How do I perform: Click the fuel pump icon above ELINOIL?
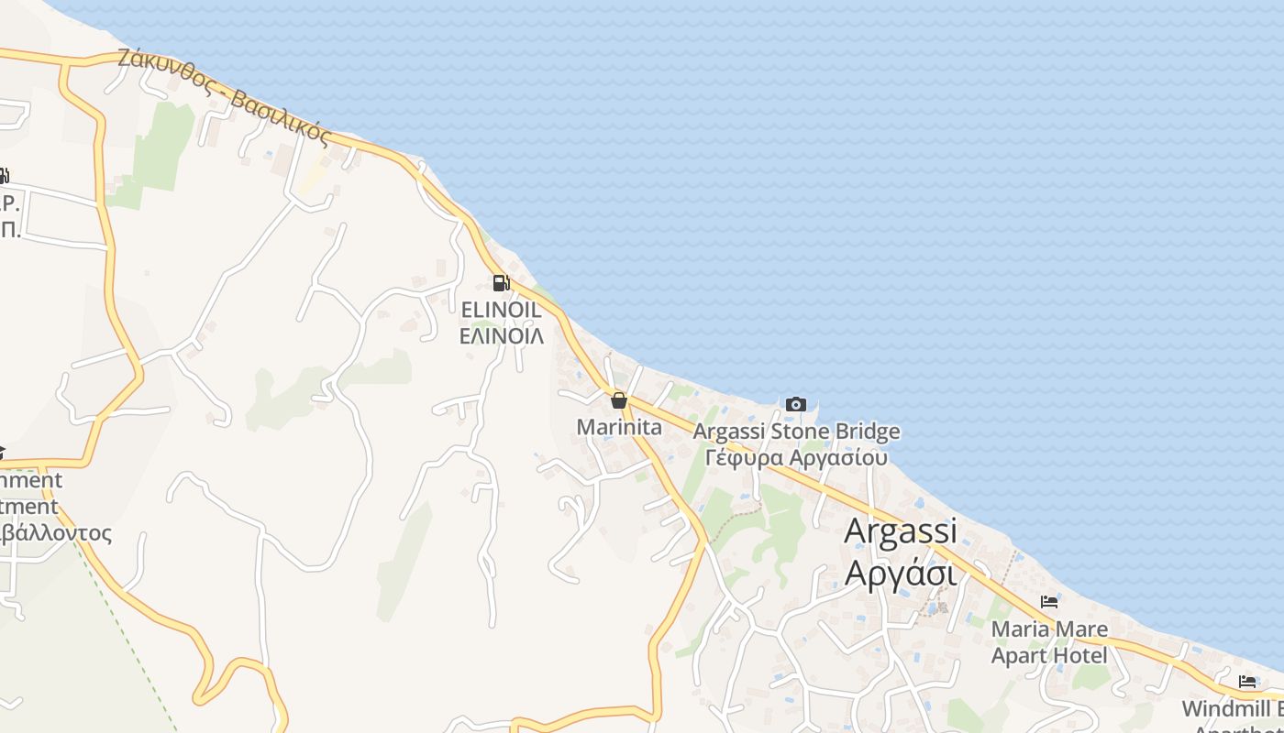[x=501, y=282]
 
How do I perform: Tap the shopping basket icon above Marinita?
[x=619, y=400]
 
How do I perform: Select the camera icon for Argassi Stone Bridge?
[x=795, y=404]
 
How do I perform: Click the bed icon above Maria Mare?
[x=1049, y=602]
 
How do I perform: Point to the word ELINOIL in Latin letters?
[x=501, y=312]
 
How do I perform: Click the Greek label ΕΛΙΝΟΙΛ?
[x=501, y=336]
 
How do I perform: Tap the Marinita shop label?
[x=619, y=427]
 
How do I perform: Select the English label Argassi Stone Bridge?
[x=796, y=432]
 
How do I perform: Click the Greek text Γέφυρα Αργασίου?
[x=796, y=456]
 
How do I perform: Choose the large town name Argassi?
[x=900, y=531]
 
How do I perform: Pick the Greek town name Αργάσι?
[x=900, y=574]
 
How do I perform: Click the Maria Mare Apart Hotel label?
[x=1049, y=642]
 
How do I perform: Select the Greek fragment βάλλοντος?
[x=57, y=533]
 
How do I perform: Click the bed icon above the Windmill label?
[x=1247, y=681]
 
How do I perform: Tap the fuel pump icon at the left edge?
[x=4, y=175]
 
